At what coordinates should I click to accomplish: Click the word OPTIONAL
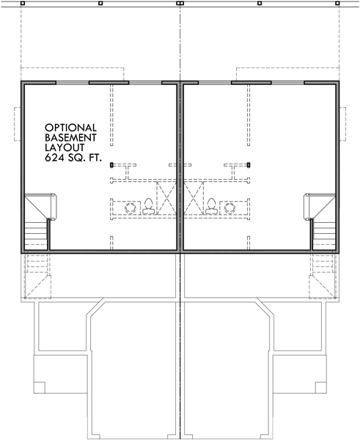tap(70, 128)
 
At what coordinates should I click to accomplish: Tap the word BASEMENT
tap(70, 138)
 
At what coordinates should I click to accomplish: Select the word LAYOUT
tap(65, 147)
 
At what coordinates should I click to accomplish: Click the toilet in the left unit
tap(148, 206)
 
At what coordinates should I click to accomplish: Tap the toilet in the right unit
tap(211, 206)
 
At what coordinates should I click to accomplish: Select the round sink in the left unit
tap(131, 208)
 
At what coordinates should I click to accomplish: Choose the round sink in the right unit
tap(229, 208)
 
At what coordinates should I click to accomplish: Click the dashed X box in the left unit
tap(166, 198)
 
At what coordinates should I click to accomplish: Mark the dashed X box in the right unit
tap(194, 198)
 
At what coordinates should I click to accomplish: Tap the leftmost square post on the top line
tap(23, 4)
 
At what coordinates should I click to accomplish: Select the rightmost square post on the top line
tap(337, 4)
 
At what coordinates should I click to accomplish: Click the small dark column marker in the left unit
tap(111, 165)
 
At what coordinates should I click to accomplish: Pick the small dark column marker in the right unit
tap(249, 165)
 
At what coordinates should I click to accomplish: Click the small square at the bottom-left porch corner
tap(40, 387)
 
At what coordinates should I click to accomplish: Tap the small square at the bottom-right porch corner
tap(320, 387)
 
